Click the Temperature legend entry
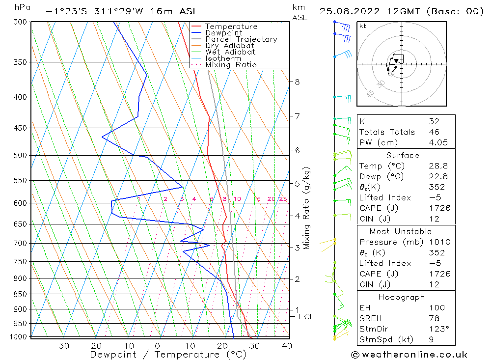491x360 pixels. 231,27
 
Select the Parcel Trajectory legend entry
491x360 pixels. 241,39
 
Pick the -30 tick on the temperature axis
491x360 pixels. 60,346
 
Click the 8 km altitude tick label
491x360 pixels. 297,82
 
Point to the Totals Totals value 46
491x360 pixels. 434,132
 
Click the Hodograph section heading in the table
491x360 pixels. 401,297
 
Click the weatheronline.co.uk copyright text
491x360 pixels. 409,355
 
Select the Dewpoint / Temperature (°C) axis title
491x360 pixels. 168,355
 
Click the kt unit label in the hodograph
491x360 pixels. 363,26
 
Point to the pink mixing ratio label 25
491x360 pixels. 283,199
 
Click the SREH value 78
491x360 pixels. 434,319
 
